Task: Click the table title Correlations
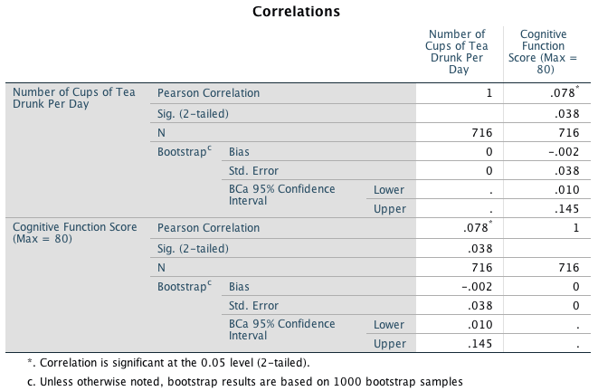click(x=296, y=12)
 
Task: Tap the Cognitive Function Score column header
click(x=543, y=52)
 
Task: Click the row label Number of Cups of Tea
click(x=73, y=99)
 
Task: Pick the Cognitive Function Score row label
click(x=73, y=232)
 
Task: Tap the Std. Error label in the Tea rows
click(x=253, y=170)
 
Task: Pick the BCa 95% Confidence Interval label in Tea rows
click(x=282, y=195)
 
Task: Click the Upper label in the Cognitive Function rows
click(x=389, y=344)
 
